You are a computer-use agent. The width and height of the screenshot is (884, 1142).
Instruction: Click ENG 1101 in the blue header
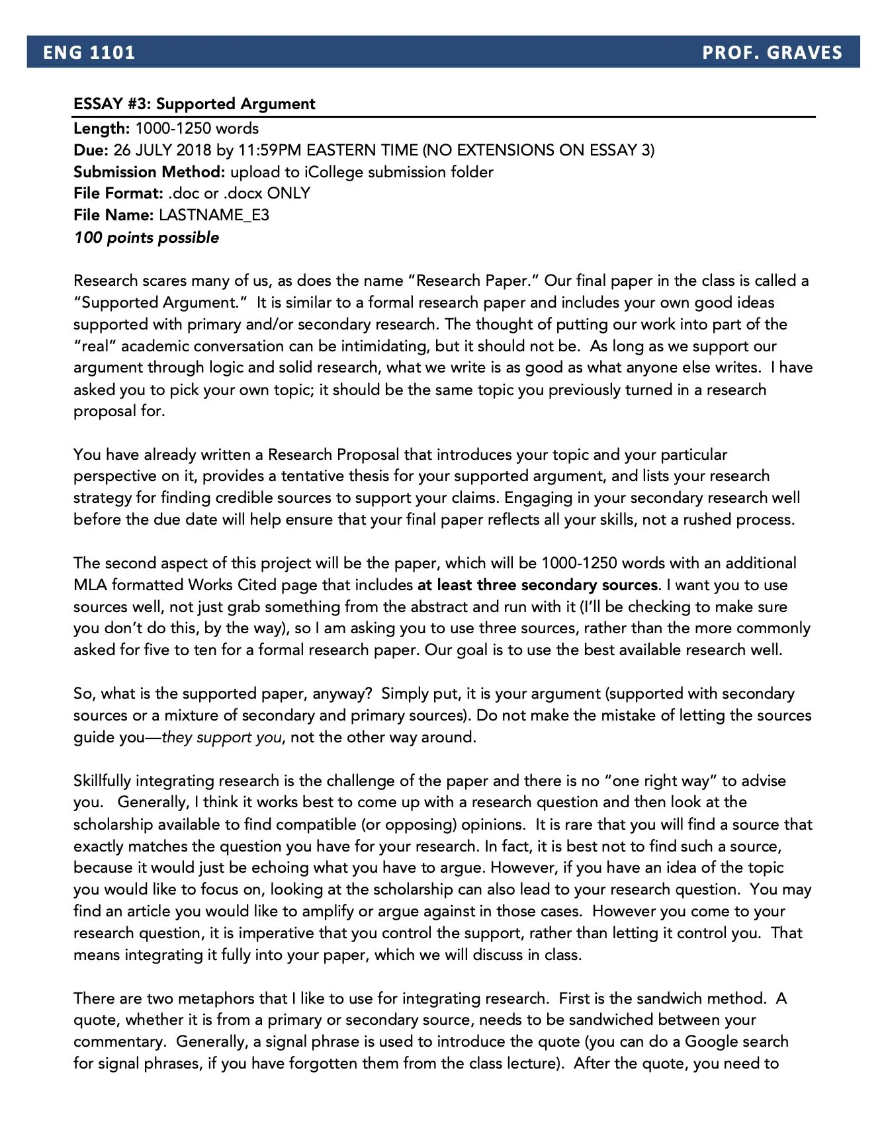(89, 52)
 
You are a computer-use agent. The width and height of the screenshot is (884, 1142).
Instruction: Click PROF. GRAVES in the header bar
(772, 52)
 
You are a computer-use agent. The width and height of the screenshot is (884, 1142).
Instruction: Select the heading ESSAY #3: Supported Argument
(194, 104)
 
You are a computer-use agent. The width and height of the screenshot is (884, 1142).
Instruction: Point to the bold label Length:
(101, 128)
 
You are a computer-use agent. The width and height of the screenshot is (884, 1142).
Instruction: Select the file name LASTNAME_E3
(214, 215)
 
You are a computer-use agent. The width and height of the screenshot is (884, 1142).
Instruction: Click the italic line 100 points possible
(146, 238)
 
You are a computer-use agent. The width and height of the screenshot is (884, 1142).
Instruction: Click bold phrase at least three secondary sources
(537, 585)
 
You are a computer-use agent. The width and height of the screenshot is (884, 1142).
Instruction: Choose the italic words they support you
(222, 737)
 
